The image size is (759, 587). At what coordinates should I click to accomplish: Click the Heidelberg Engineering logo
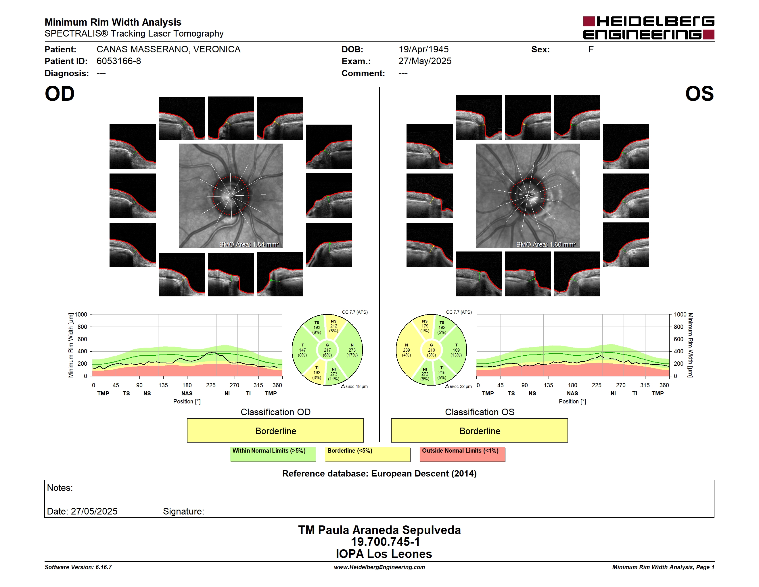(x=649, y=28)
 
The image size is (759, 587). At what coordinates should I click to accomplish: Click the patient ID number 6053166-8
(x=119, y=61)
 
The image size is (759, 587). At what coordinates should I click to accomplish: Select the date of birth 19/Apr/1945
(x=423, y=49)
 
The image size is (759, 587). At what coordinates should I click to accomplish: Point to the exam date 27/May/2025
(x=425, y=61)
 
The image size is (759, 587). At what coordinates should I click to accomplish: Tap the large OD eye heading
(x=60, y=94)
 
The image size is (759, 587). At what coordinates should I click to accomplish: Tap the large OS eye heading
(x=699, y=94)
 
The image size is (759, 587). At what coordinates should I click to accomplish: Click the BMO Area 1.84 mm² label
(x=249, y=245)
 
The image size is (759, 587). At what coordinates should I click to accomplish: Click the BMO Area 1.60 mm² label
(x=546, y=245)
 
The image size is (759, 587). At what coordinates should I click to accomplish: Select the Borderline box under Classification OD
(x=275, y=430)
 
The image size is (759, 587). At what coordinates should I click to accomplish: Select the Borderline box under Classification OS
(x=480, y=430)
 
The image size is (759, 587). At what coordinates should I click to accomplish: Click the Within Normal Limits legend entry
(x=273, y=454)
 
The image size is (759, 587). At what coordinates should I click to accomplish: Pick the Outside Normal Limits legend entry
(x=462, y=454)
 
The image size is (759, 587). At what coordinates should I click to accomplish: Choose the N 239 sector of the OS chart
(x=406, y=350)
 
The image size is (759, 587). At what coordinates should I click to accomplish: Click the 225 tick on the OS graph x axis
(x=596, y=385)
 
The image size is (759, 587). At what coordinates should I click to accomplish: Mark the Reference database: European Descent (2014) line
(x=379, y=474)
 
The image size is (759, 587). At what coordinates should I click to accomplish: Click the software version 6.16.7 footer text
(x=78, y=567)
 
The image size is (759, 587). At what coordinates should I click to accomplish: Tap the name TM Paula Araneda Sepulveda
(x=379, y=530)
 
